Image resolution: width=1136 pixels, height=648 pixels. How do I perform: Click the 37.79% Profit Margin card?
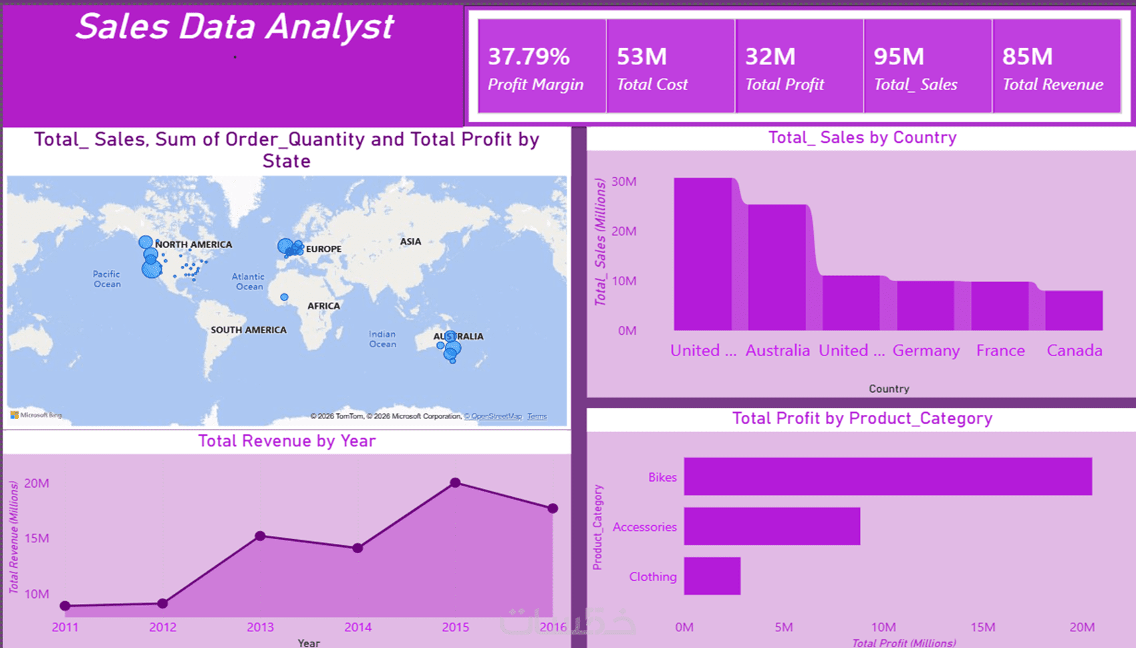coord(542,67)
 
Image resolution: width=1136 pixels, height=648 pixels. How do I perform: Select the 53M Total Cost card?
coord(670,67)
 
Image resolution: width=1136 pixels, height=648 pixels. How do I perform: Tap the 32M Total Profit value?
coord(770,57)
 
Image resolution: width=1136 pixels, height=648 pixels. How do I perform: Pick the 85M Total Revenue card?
coord(1056,67)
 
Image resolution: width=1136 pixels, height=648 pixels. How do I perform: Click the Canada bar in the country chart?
coord(1074,311)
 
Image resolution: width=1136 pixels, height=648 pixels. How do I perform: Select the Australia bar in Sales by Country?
coord(776,267)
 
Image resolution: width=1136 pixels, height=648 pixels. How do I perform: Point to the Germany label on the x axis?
coord(926,351)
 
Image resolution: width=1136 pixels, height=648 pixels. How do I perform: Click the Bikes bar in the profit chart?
coord(887,476)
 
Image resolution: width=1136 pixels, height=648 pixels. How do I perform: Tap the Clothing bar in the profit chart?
coord(712,576)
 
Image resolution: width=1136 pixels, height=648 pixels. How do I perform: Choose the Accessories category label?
coord(644,527)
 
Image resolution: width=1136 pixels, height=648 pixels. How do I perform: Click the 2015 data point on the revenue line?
coord(455,482)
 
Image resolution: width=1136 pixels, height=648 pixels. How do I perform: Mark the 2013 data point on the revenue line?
coord(261,536)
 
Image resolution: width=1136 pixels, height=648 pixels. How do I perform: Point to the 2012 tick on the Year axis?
coord(162,627)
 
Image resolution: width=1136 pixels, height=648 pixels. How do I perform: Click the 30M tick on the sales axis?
coord(624,182)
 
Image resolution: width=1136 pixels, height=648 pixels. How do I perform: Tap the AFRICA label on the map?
coord(323,306)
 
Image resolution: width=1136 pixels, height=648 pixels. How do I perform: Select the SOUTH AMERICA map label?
coord(249,330)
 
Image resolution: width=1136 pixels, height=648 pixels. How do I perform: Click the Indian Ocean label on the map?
coord(382,339)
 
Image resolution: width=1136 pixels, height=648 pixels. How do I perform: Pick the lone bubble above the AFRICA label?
coord(285,297)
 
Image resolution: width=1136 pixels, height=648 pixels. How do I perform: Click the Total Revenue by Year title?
coord(287,441)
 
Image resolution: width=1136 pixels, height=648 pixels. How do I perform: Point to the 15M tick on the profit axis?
coord(983,627)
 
